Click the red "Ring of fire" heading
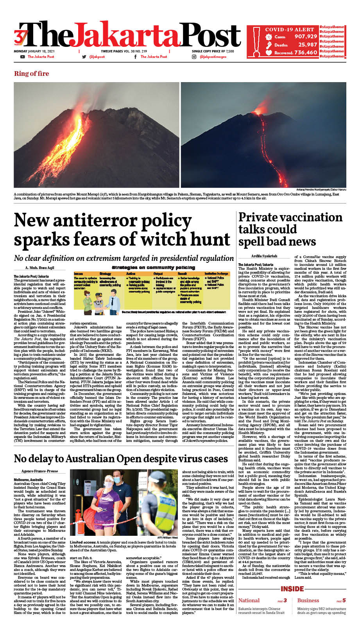(x=32, y=74)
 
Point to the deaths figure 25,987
(x=307, y=45)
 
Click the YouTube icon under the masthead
(x=22, y=57)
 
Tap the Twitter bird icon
(x=84, y=57)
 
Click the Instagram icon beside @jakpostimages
(x=194, y=57)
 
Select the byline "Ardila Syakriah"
(x=264, y=256)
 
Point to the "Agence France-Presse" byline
(x=39, y=471)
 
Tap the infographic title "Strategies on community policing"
(x=154, y=268)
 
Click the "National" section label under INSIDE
(x=249, y=600)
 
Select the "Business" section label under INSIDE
(x=308, y=600)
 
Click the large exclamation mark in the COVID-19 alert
(x=256, y=41)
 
